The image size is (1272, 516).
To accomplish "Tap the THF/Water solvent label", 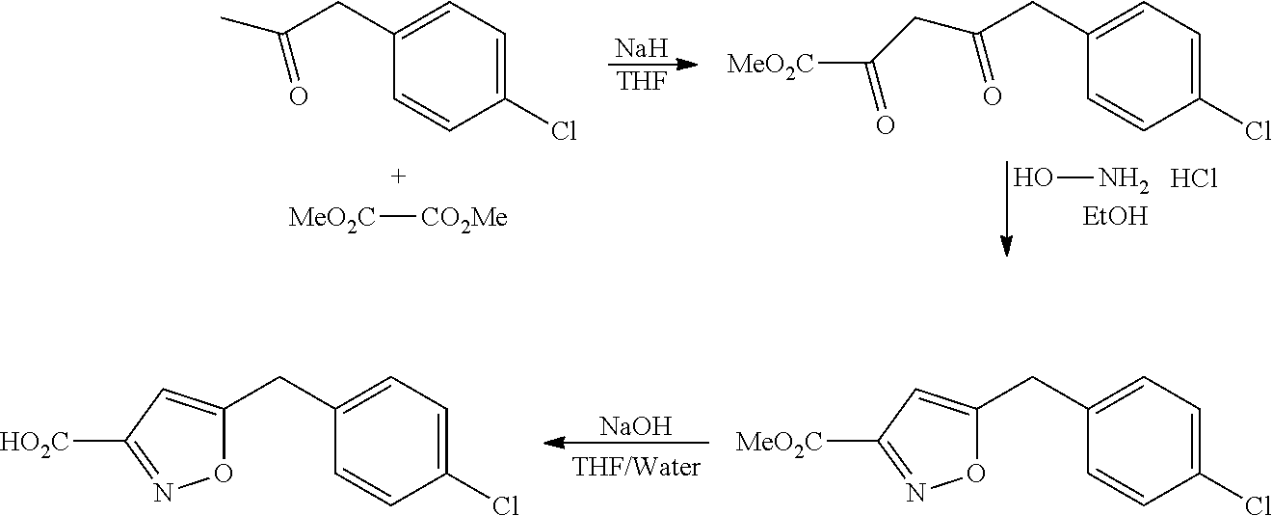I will click(x=636, y=468).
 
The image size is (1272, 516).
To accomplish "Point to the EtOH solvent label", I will click(x=1116, y=216).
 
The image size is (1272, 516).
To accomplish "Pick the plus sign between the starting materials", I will click(x=398, y=177).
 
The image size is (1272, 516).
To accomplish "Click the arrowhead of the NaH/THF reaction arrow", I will click(x=686, y=65).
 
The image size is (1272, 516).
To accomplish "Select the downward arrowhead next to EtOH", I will click(x=1007, y=245).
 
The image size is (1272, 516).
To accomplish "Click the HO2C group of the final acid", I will click(x=34, y=444).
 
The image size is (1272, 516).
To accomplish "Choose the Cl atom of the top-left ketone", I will click(x=563, y=130).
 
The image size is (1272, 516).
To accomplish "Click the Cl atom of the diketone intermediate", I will click(x=1258, y=130).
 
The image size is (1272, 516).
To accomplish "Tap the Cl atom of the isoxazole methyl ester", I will click(x=1258, y=504).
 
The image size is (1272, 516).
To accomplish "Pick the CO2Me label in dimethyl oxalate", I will click(x=464, y=218).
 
